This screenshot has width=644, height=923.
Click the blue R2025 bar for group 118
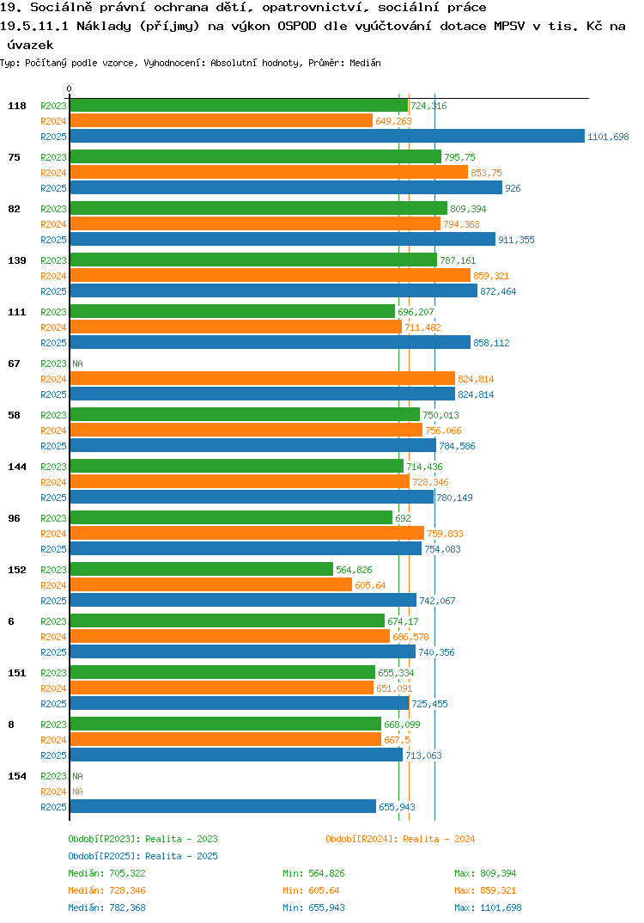click(328, 136)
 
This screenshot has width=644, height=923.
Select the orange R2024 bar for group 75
click(270, 173)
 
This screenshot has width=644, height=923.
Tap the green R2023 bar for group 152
click(202, 569)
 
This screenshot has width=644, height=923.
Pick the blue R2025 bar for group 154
click(223, 806)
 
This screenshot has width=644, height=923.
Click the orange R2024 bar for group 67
click(263, 378)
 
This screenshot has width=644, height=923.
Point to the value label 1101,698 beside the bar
click(608, 137)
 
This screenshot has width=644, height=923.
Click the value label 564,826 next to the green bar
click(354, 570)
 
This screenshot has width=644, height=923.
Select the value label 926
click(513, 188)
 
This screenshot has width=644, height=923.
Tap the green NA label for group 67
click(77, 364)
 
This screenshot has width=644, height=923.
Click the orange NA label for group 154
click(77, 792)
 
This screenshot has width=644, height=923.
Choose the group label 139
click(17, 260)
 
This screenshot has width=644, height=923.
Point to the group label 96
click(14, 518)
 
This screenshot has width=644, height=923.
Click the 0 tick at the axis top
click(70, 89)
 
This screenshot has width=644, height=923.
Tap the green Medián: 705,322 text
click(107, 873)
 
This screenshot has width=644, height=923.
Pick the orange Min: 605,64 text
click(311, 890)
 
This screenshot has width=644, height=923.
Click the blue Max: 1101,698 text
click(488, 908)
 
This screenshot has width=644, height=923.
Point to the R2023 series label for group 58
click(53, 415)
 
